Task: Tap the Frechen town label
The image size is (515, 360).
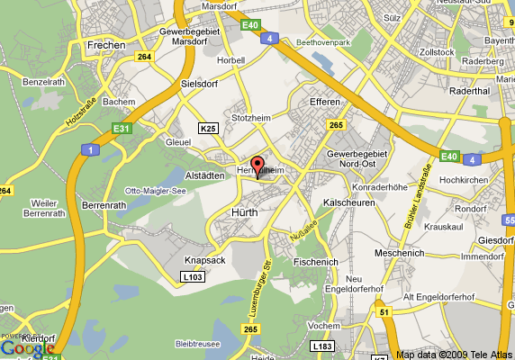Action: (x=105, y=43)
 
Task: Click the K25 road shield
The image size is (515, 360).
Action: (x=209, y=129)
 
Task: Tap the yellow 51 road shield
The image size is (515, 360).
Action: (x=384, y=311)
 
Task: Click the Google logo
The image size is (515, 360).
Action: (x=27, y=347)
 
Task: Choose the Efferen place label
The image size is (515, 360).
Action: (x=323, y=103)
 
